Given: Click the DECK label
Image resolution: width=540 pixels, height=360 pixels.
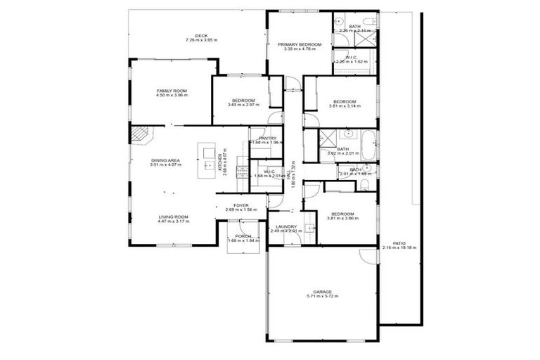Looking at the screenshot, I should coord(202,36).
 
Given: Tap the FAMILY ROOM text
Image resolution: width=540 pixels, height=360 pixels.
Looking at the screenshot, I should coord(172,91).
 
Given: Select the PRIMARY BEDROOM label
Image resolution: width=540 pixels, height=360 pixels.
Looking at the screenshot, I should coord(299,44).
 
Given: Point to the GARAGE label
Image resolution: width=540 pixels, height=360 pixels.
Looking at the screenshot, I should coord(322,292).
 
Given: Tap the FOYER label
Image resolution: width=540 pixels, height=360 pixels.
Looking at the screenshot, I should coord(242,205).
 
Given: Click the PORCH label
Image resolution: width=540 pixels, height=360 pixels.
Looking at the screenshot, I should coord(243,236).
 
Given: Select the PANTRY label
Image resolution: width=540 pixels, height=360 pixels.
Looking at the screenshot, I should coord(267,138).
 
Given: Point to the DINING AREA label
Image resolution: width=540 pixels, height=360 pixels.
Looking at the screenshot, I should coord(166,160).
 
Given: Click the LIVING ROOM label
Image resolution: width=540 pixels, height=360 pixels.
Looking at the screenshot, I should coord(173,217).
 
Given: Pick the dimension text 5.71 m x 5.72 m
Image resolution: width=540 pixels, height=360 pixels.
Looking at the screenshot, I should coord(322,297).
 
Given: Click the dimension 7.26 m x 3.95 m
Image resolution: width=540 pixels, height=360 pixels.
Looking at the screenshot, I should coord(202,40).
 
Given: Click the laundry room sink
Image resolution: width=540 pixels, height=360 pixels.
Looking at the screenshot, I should coord(309,228).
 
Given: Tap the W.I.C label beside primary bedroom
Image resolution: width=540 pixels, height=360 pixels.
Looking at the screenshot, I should coord(352,57).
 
